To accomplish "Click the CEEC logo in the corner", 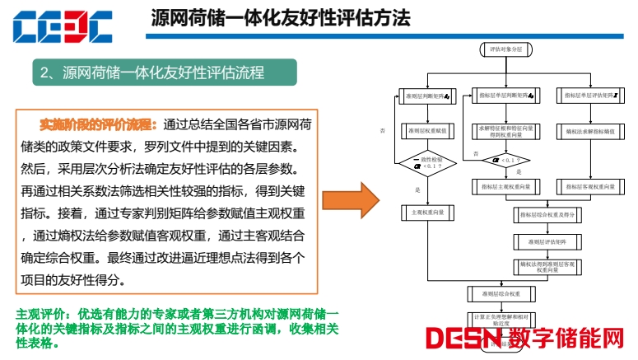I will pos(62,26).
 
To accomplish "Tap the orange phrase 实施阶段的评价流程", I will pos(99,124).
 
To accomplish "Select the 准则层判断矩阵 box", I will pos(425,96).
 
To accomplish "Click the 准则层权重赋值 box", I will pos(425,130).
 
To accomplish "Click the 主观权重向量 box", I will pos(425,213).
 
